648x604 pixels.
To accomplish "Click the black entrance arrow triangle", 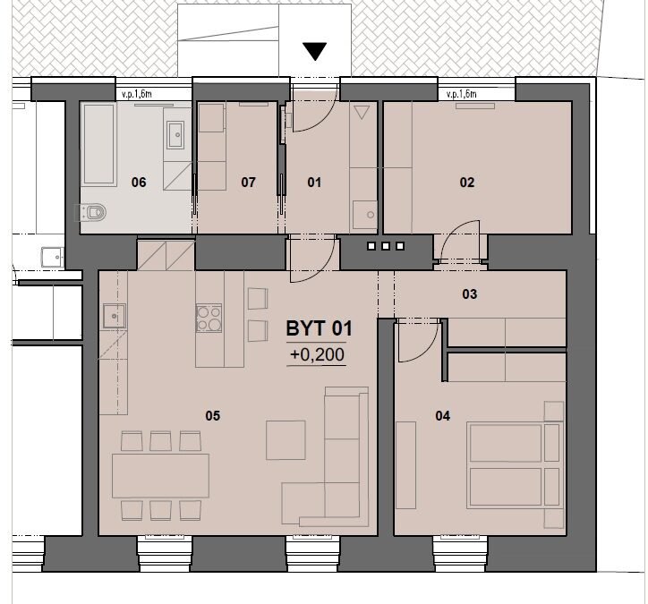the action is tap(314, 51).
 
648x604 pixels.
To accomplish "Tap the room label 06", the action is tap(139, 183).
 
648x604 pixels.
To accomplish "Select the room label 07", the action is tap(248, 183).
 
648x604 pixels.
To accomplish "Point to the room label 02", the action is tap(467, 183).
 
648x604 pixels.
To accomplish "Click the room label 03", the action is tap(470, 294).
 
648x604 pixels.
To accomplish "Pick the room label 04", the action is tap(443, 415).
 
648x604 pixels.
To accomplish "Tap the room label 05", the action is tap(212, 415).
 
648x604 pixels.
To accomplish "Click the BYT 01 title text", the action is tap(319, 329).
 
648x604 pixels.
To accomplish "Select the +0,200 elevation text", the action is tap(317, 354).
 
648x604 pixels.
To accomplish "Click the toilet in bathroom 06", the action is tap(92, 212).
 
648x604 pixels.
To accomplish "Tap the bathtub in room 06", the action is tap(99, 144).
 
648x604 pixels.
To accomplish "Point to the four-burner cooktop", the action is tap(209, 319).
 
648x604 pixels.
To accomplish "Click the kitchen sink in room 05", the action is tap(114, 316).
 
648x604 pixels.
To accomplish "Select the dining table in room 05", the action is tap(160, 475).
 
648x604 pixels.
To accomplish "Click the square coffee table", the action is tap(286, 440).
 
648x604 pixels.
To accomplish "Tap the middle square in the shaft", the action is tap(386, 246).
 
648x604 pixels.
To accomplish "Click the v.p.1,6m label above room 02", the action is tap(461, 94).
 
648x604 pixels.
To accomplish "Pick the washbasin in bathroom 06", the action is tap(175, 135).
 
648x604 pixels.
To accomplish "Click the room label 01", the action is tap(314, 183).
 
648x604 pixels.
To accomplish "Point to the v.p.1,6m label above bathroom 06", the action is tap(137, 94).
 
